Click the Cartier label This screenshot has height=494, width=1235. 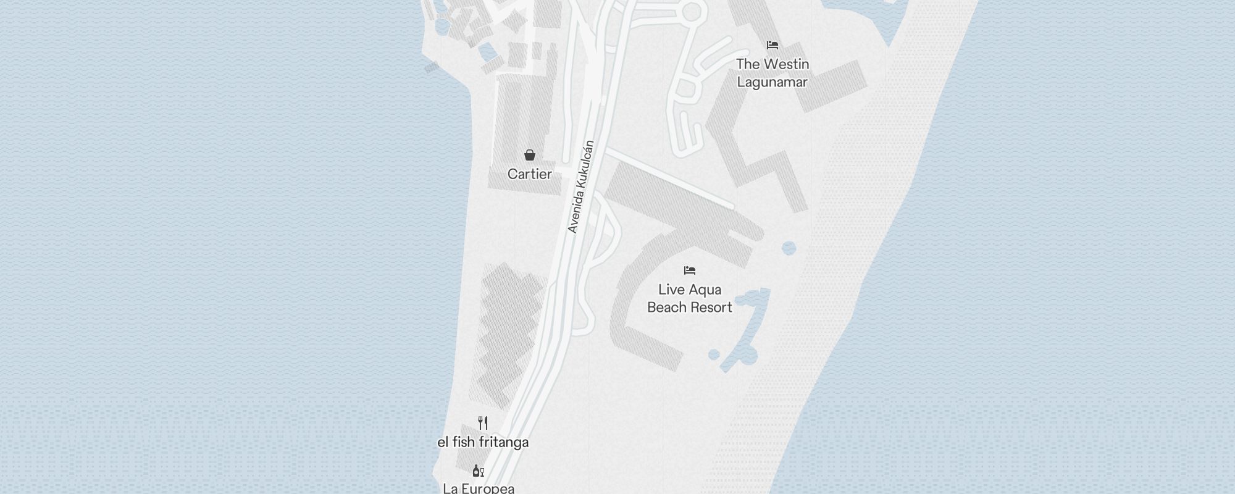pyautogui.click(x=529, y=174)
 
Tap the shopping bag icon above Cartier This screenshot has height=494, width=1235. pyautogui.click(x=529, y=155)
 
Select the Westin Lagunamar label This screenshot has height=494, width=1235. pyautogui.click(x=772, y=73)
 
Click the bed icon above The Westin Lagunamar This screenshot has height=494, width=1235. pyautogui.click(x=772, y=45)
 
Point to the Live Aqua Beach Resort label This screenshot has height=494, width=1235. pyautogui.click(x=689, y=298)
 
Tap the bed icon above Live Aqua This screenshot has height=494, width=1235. pyautogui.click(x=689, y=270)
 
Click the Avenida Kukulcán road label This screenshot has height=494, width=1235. pyautogui.click(x=580, y=187)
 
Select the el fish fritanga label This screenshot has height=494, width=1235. pyautogui.click(x=483, y=442)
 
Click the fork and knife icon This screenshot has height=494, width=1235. pyautogui.click(x=483, y=423)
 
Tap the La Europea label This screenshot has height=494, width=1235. pyautogui.click(x=479, y=488)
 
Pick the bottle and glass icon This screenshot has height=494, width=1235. pyautogui.click(x=478, y=471)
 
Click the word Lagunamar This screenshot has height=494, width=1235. pyautogui.click(x=772, y=82)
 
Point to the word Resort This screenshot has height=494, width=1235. pyautogui.click(x=712, y=308)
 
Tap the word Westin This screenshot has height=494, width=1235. pyautogui.click(x=786, y=64)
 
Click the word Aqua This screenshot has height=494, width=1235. pyautogui.click(x=705, y=290)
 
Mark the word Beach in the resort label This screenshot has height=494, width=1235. pyautogui.click(x=668, y=308)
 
